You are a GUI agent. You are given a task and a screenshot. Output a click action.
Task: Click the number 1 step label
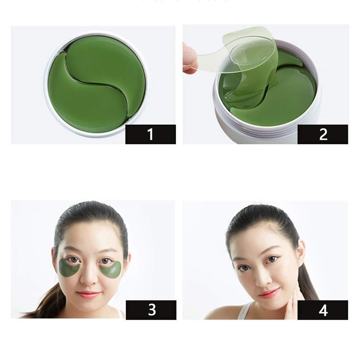click(x=151, y=134)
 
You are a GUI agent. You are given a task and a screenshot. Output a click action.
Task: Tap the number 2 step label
click(x=323, y=134)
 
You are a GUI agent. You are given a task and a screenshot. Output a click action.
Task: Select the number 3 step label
click(x=151, y=310)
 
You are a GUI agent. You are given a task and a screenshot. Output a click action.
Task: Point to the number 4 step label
click(x=323, y=310)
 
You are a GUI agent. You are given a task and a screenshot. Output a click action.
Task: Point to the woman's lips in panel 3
click(x=88, y=294)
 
